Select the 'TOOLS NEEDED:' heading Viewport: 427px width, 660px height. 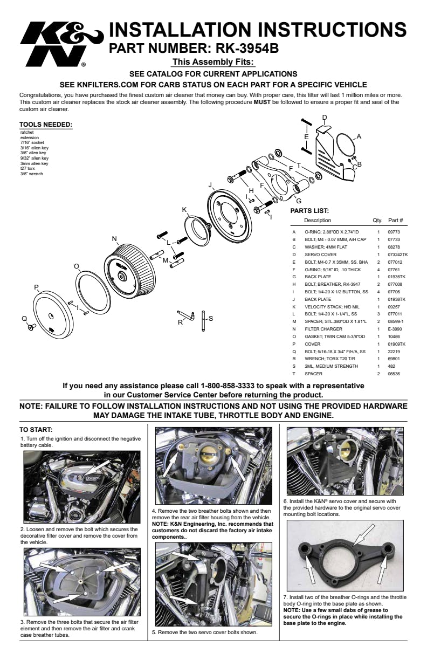click(45, 125)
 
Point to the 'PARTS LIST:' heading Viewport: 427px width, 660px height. click(309, 211)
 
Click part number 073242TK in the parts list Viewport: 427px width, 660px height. click(398, 254)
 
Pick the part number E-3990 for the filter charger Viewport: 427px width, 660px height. click(395, 329)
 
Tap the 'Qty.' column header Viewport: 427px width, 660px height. click(377, 221)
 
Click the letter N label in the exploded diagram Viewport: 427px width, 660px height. click(114, 239)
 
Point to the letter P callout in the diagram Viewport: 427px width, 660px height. click(36, 287)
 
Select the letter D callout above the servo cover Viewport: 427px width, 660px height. click(325, 118)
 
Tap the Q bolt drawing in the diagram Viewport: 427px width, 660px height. click(31, 327)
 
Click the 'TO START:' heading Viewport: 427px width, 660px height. click(36, 430)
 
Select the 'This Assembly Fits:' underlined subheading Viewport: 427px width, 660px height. click(212, 62)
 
